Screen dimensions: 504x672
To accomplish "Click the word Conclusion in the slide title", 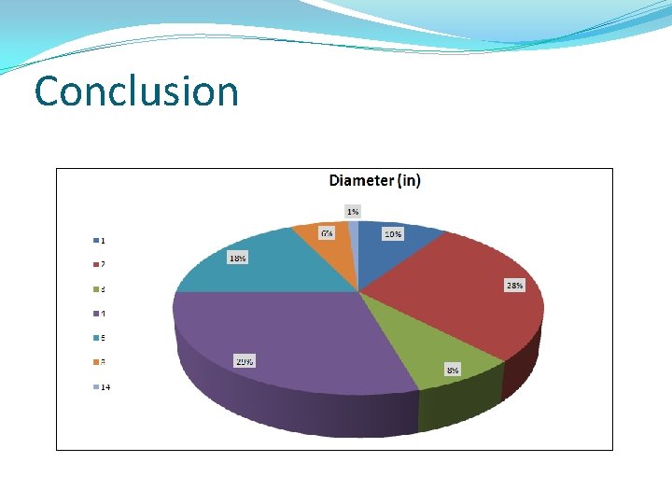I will point(136,91).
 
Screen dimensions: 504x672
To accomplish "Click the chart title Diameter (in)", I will point(374,180).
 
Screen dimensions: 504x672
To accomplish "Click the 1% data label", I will point(353,212).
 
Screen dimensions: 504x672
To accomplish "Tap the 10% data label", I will point(393,234).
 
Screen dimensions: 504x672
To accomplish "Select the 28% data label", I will point(514,286).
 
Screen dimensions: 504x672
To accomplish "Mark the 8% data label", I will point(452,370).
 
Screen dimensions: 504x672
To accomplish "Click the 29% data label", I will point(245,361).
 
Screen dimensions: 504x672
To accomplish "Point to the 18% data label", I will point(238,258).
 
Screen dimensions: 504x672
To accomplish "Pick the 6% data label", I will point(327,233).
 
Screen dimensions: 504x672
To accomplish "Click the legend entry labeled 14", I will point(105,387).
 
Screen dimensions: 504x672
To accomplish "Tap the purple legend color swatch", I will point(95,313).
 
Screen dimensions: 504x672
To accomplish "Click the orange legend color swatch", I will point(95,361).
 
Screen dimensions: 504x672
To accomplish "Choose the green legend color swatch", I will point(95,288).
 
